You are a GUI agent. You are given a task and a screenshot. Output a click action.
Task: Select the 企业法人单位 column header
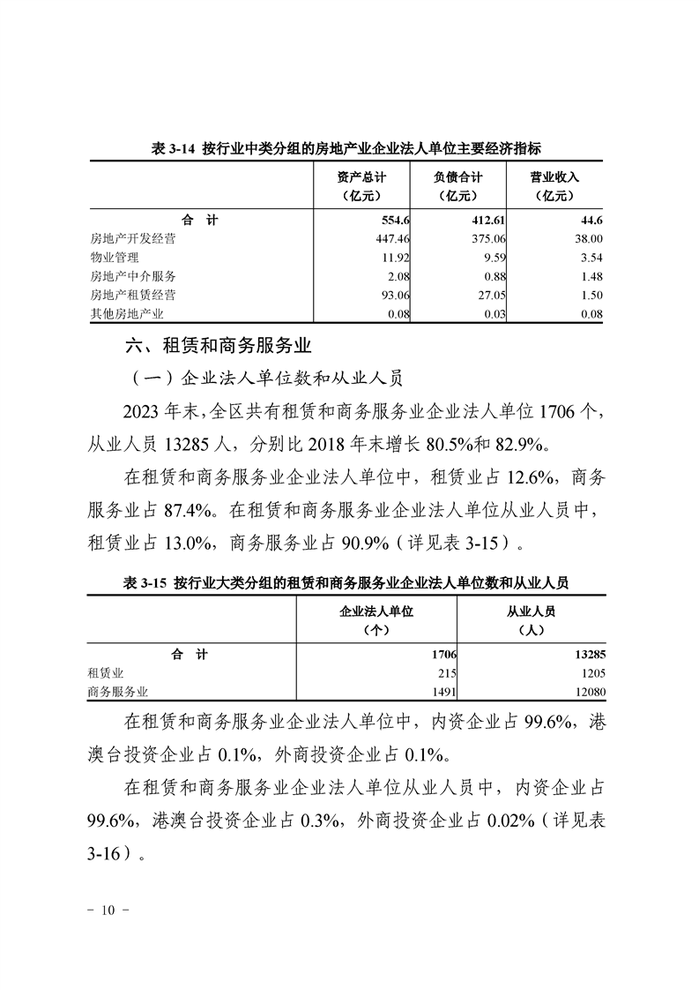tap(376, 620)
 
